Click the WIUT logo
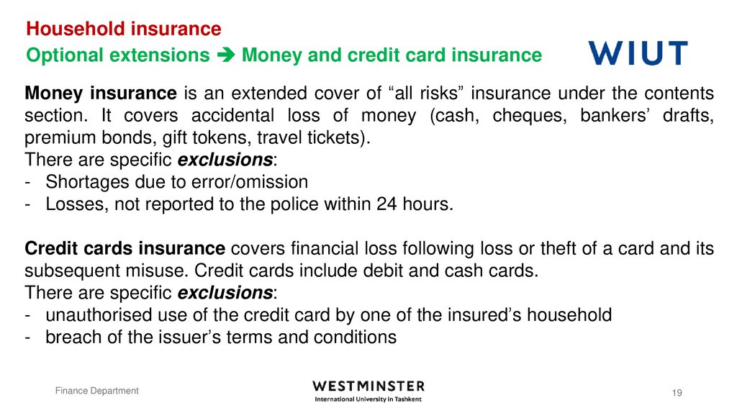pos(638,54)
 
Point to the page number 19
pos(677,392)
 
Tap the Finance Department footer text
pos(98,391)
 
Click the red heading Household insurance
pos(123,29)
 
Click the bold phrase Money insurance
pos(101,93)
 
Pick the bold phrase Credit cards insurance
pos(125,249)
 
